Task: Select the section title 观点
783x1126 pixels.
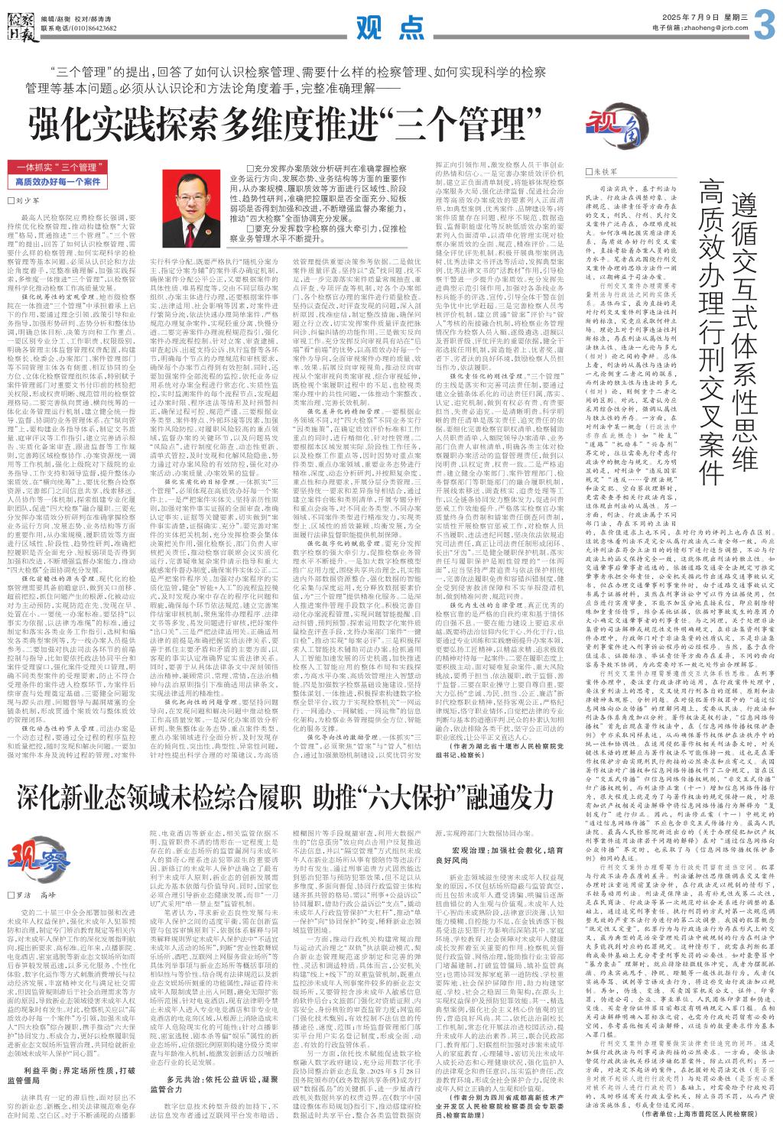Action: (391, 28)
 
